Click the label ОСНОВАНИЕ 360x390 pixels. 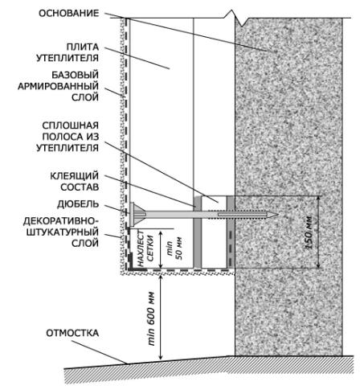(69, 13)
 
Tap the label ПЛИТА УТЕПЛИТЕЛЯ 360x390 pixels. (67, 52)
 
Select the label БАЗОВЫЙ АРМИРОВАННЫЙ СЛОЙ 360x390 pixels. (58, 86)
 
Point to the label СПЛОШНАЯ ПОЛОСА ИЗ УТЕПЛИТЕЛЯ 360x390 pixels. (67, 137)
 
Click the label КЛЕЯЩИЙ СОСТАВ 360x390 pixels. (75, 182)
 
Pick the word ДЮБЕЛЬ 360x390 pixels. (78, 204)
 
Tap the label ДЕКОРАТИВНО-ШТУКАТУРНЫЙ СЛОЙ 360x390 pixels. (61, 232)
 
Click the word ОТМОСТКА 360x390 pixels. (72, 333)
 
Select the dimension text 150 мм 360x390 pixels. (309, 232)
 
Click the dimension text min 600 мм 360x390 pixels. (151, 318)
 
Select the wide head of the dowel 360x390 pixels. (132, 215)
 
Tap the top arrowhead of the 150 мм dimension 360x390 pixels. (318, 199)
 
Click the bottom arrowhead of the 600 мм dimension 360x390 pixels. (161, 356)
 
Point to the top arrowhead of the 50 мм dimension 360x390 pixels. (161, 232)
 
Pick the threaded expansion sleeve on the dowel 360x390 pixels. (243, 215)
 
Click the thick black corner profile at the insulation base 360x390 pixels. (130, 264)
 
